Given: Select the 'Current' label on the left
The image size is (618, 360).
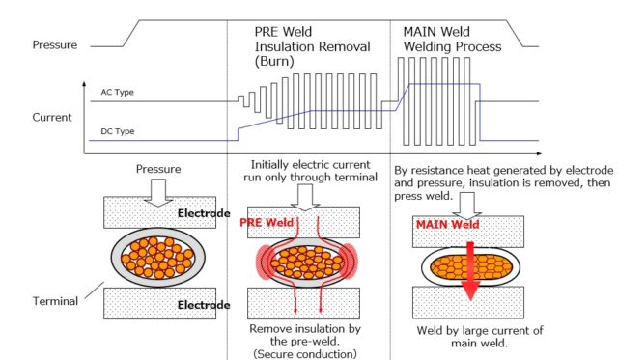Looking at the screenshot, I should (51, 118).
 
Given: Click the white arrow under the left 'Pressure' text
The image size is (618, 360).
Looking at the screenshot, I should (156, 193).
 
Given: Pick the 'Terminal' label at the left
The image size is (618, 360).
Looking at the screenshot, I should (54, 301).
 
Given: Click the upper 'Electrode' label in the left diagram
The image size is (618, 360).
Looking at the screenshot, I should (201, 209).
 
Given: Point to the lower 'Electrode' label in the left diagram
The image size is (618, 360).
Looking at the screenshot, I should (201, 306).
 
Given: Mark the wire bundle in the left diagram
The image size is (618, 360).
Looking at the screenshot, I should (156, 258).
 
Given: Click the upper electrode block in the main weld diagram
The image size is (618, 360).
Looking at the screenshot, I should (468, 229).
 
